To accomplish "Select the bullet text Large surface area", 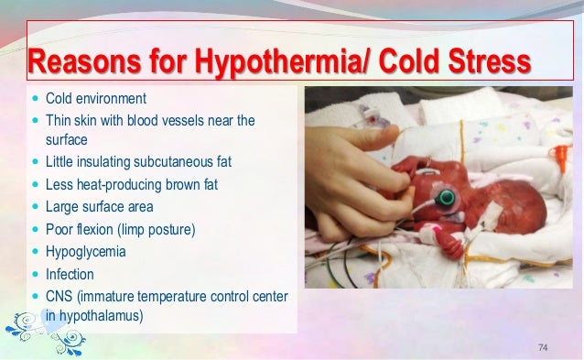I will [x=101, y=206].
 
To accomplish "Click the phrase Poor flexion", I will [x=82, y=228].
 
